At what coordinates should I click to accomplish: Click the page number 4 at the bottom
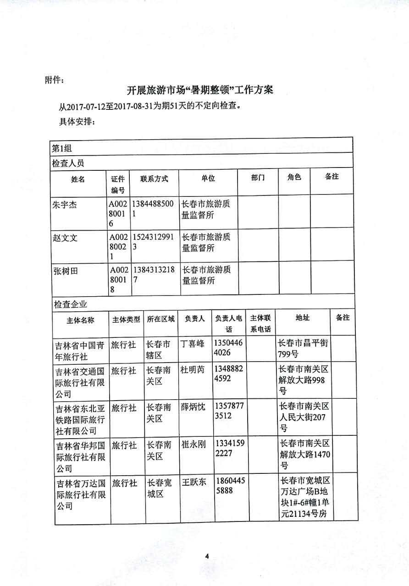point(207,556)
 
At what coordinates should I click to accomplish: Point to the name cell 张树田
point(65,271)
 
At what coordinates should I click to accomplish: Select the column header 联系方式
point(154,179)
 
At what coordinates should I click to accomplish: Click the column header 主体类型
point(126,320)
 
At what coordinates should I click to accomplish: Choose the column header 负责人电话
point(228,324)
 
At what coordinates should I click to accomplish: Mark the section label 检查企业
point(69,304)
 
